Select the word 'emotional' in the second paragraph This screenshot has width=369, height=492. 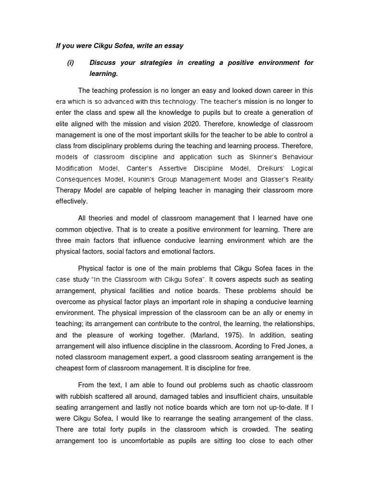(172, 251)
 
